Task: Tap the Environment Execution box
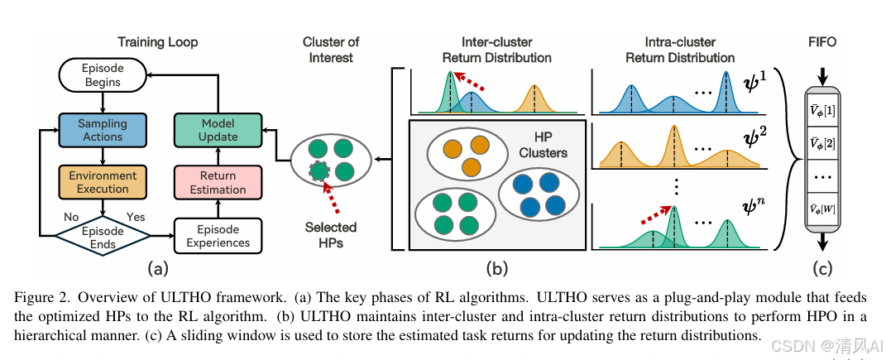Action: (103, 181)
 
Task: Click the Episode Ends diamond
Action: (103, 236)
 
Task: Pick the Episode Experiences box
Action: (218, 236)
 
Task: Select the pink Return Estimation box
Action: (218, 182)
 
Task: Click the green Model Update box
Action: (218, 129)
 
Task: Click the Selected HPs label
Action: (331, 234)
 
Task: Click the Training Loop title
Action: (158, 42)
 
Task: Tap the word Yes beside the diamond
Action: (136, 217)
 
